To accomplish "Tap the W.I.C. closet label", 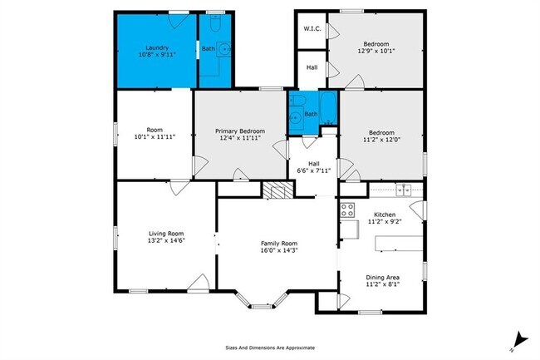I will pyautogui.click(x=312, y=29).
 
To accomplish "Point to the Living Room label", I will pyautogui.click(x=165, y=234).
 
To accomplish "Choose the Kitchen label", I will pyautogui.click(x=384, y=215).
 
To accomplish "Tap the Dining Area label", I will pyautogui.click(x=384, y=277).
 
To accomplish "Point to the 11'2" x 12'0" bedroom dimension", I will pyautogui.click(x=382, y=139).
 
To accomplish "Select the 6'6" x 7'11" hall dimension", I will pyautogui.click(x=314, y=170).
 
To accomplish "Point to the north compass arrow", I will pyautogui.click(x=520, y=338).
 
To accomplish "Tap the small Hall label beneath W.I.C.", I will pyautogui.click(x=312, y=68).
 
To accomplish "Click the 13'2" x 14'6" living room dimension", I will pyautogui.click(x=165, y=241).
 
